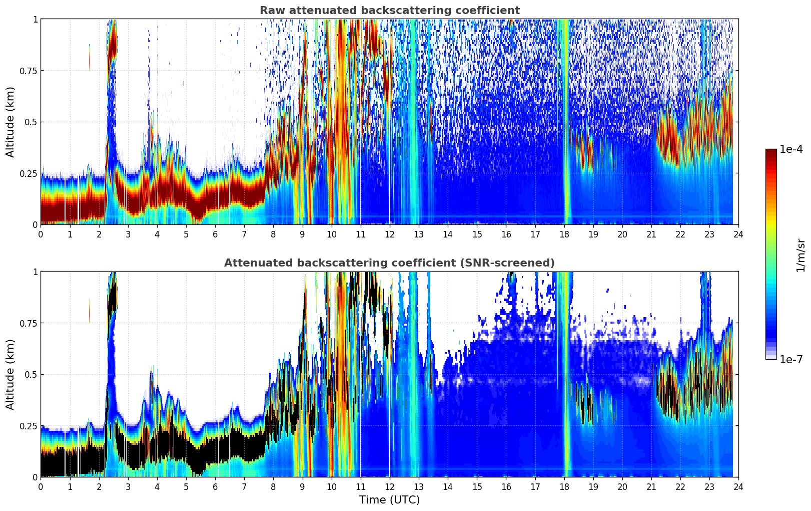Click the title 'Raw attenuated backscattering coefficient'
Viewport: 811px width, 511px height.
click(389, 11)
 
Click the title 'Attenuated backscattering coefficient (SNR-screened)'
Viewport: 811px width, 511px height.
click(389, 263)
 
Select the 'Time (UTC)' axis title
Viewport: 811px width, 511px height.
click(389, 500)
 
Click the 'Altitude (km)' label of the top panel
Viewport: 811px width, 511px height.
click(11, 122)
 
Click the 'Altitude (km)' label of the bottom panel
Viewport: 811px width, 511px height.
click(11, 374)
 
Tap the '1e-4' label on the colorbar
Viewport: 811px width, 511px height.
click(791, 149)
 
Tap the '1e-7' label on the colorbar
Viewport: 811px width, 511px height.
click(791, 359)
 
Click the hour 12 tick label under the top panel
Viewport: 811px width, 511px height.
click(390, 234)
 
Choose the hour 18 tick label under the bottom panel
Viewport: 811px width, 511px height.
click(564, 486)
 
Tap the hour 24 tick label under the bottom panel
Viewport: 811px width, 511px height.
click(738, 486)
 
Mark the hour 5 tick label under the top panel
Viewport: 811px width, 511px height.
click(186, 234)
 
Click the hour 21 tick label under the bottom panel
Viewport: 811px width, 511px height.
click(651, 486)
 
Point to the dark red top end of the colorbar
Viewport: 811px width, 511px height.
click(771, 152)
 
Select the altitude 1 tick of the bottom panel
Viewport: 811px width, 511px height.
click(35, 272)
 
